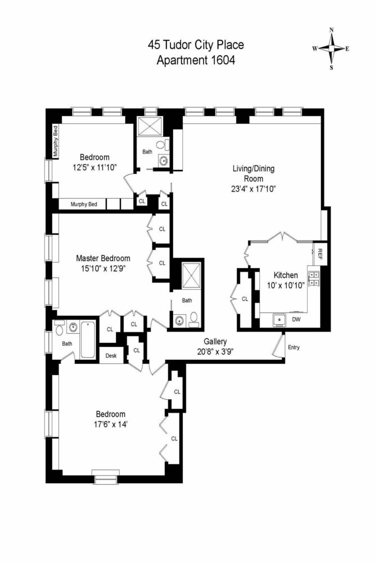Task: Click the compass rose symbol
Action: pos(331,48)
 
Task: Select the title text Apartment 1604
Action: pos(196,60)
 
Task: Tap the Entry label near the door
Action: pos(294,347)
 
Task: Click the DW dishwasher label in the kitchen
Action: pos(296,320)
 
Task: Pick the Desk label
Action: pos(111,356)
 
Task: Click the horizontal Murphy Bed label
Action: pos(88,204)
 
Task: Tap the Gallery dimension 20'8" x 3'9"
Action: pos(215,351)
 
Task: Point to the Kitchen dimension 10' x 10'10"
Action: pos(285,285)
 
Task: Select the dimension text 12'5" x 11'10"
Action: pos(94,167)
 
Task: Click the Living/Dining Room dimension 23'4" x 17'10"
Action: pos(254,189)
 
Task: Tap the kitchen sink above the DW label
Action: pos(279,320)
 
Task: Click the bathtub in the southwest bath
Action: pos(88,339)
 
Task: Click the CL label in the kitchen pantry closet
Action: pos(245,299)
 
